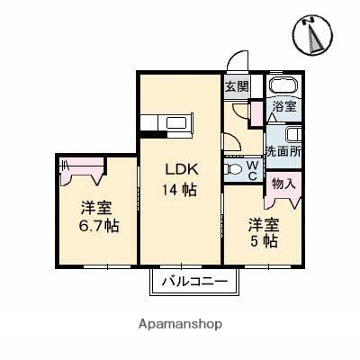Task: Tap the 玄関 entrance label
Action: (x=236, y=87)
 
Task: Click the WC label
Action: (x=253, y=168)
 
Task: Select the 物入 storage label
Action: (x=283, y=184)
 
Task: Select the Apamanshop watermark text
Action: (x=180, y=323)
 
